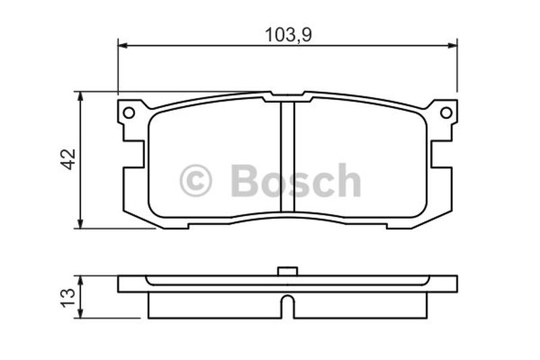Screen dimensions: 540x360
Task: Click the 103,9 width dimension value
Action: pyautogui.click(x=288, y=34)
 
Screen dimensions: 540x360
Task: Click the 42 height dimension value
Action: pyautogui.click(x=68, y=159)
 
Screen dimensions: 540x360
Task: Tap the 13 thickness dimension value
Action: pyautogui.click(x=68, y=297)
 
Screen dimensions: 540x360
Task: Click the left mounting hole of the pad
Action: pyautogui.click(x=129, y=113)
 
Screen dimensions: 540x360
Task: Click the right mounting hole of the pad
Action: pyautogui.click(x=446, y=113)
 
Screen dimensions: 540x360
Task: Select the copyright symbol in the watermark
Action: pyautogui.click(x=196, y=180)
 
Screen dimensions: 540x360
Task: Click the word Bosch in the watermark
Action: pyautogui.click(x=296, y=180)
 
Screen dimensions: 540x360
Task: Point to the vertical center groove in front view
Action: pyautogui.click(x=288, y=157)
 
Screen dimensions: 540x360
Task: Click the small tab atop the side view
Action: pyautogui.click(x=288, y=272)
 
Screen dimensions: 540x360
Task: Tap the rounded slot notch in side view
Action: pyautogui.click(x=288, y=306)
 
